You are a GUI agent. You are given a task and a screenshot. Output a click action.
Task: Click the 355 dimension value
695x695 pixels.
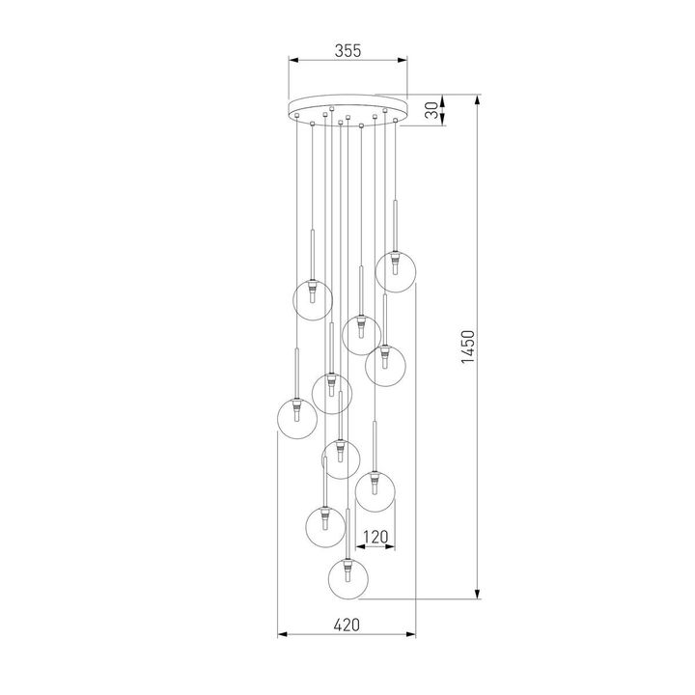[x=347, y=51]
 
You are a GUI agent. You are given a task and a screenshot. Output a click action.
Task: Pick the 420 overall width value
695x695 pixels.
[x=347, y=625]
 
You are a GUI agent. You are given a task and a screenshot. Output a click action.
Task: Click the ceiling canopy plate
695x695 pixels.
[x=347, y=107]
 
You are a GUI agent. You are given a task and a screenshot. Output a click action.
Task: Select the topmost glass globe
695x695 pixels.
[x=396, y=271]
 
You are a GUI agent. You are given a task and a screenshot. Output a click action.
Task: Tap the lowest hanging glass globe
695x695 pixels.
[x=347, y=578]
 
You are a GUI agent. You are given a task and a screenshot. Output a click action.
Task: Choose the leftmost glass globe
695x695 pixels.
[x=297, y=416]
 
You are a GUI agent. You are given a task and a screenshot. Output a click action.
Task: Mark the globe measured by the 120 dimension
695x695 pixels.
[x=375, y=491]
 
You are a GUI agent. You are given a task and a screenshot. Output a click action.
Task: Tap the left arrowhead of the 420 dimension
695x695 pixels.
[x=280, y=635]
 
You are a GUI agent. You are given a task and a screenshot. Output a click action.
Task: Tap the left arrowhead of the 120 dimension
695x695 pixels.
[x=357, y=546]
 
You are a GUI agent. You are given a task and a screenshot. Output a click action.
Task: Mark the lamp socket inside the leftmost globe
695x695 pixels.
[x=297, y=411]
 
